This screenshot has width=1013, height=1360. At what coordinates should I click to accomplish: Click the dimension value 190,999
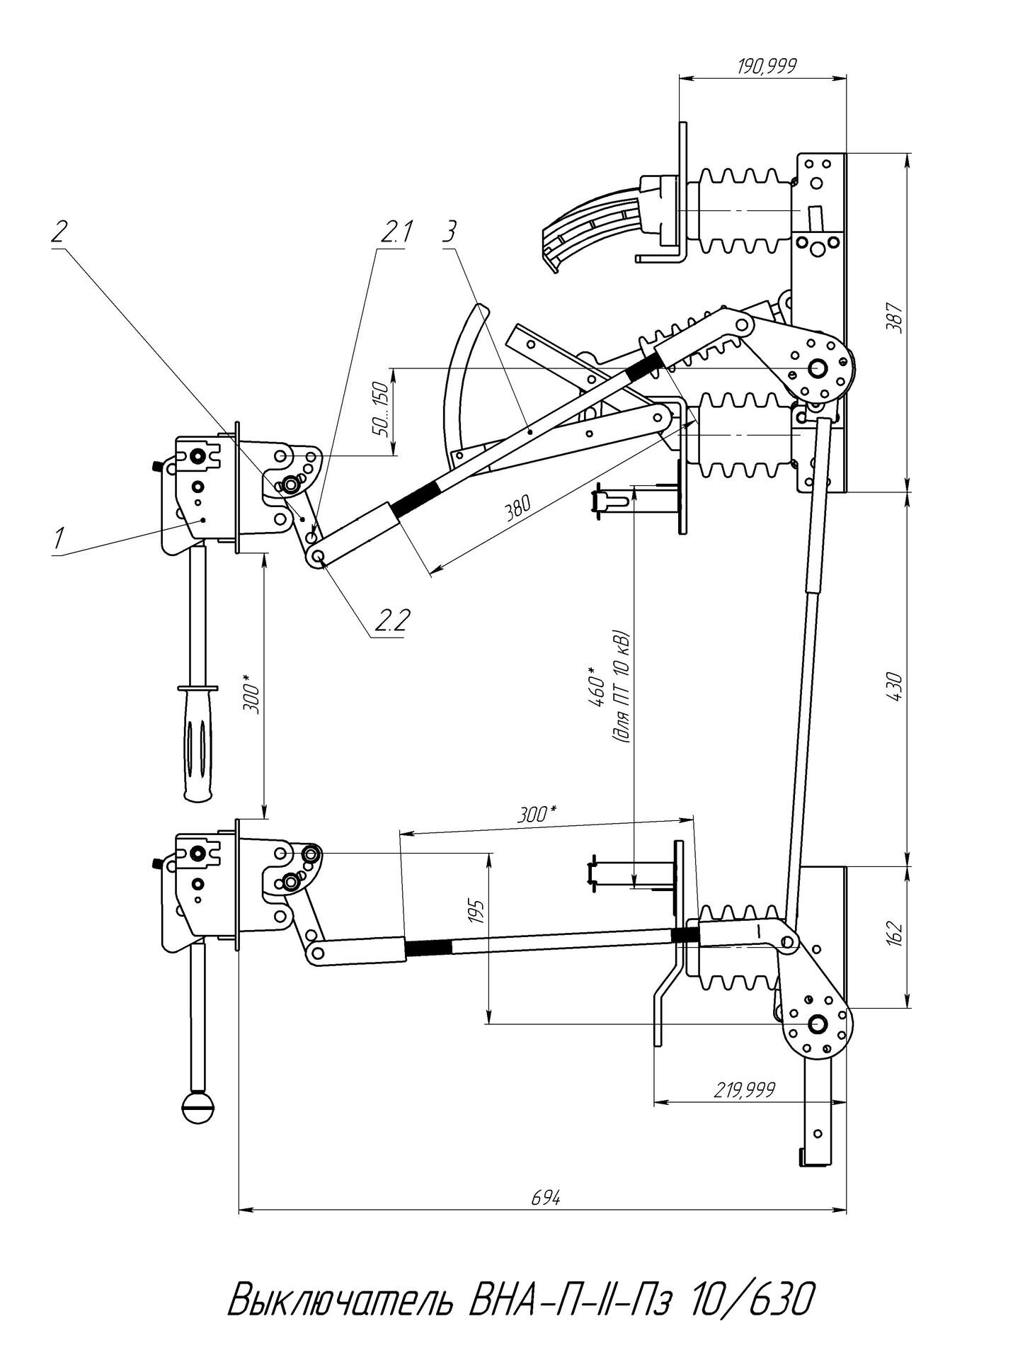(x=767, y=67)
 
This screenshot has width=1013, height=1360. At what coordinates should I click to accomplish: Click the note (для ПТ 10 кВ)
(x=623, y=686)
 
